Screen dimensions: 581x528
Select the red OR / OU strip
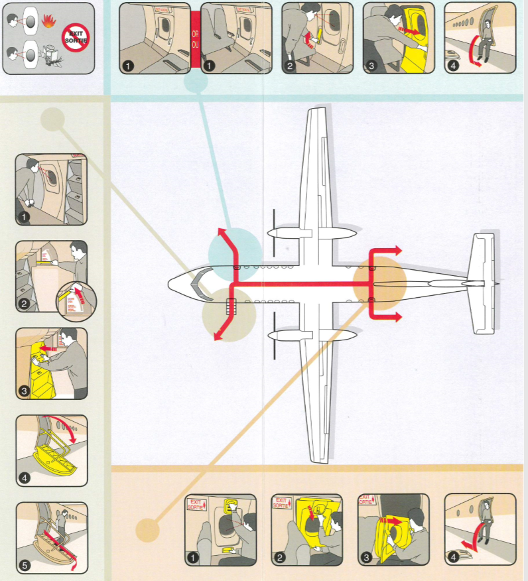click(195, 38)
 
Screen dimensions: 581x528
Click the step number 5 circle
click(25, 566)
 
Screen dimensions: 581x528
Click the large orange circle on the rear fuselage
click(379, 282)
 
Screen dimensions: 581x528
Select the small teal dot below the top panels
click(195, 82)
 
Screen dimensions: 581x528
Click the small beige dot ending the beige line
click(52, 120)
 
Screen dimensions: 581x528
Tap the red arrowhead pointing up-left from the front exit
click(221, 232)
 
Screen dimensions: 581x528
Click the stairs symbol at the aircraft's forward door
click(231, 306)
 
